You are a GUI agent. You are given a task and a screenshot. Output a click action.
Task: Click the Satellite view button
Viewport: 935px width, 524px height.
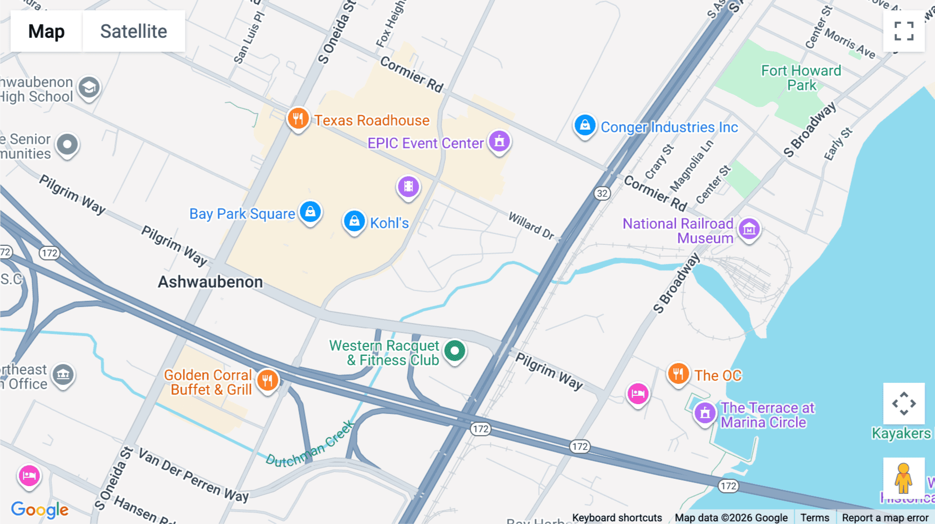point(133,31)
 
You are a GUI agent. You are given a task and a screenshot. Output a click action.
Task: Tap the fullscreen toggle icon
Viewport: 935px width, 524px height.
point(904,31)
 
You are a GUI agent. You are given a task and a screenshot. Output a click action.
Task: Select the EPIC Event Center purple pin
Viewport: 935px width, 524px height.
point(499,142)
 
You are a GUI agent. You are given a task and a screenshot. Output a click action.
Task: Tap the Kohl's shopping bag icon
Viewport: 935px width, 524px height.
point(354,222)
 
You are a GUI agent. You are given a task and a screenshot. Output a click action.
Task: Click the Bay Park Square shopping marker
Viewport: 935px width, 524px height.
point(311,212)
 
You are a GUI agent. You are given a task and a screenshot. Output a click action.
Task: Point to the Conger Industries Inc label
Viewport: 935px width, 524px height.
point(669,127)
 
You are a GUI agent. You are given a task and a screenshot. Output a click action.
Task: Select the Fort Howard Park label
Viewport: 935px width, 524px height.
point(801,78)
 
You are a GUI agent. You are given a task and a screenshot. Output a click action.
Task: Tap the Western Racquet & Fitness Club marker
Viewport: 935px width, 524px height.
point(455,351)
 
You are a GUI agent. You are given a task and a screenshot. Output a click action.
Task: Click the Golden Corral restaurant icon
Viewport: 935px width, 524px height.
point(268,381)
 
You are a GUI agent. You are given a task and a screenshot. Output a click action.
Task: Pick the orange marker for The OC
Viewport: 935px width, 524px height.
point(678,374)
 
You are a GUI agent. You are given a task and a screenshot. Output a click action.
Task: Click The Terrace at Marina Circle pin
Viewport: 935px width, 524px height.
point(705,413)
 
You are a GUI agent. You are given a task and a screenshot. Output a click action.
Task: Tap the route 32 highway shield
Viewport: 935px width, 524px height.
point(602,194)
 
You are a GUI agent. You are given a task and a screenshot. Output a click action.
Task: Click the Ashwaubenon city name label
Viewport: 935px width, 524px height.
point(210,282)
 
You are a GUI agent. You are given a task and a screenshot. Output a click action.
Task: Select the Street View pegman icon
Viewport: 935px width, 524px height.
point(903,478)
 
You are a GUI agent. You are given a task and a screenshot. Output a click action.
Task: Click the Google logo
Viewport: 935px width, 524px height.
point(39,509)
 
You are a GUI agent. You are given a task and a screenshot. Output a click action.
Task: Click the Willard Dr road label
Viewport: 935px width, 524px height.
point(531,226)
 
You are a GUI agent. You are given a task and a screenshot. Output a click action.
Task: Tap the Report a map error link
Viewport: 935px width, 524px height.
point(885,517)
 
